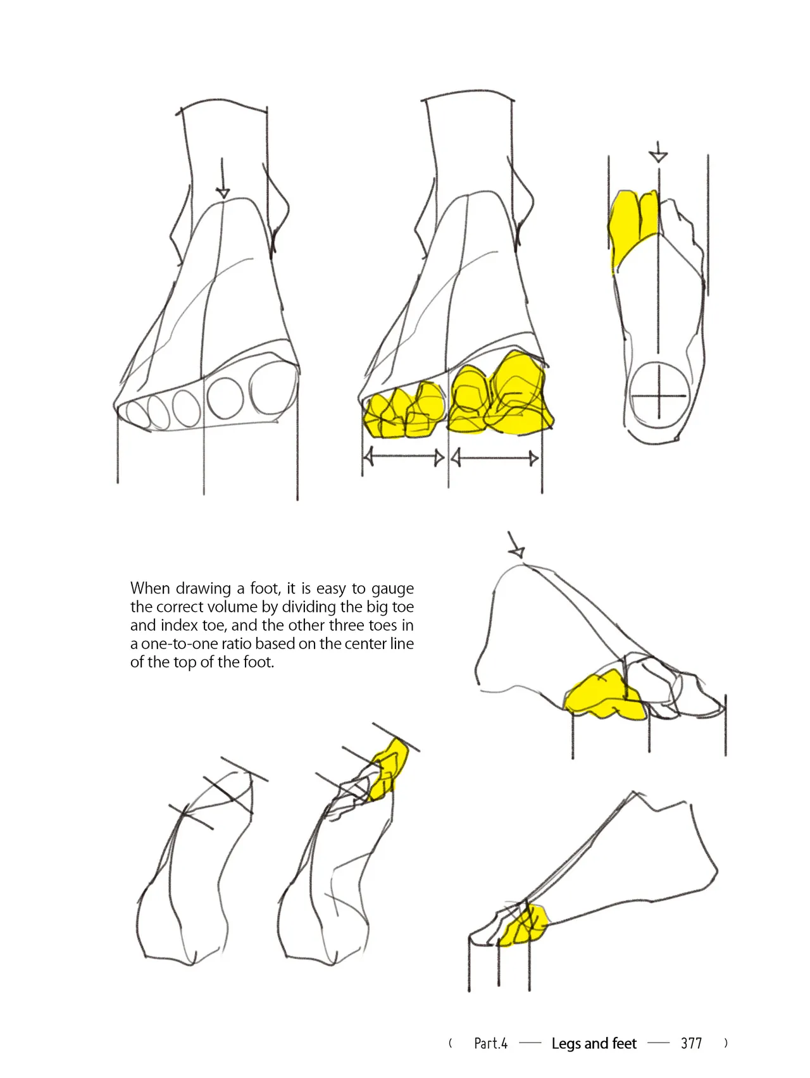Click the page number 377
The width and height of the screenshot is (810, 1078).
coord(691,1043)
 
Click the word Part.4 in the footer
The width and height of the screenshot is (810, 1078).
coord(490,1043)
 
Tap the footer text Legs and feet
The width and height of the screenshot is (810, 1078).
coord(594,1043)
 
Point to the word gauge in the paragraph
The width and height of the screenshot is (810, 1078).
coord(392,589)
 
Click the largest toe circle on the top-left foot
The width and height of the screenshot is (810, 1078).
coord(273,390)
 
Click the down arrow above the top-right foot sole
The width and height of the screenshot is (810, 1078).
coord(658,152)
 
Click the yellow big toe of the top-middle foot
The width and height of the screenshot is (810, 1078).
coord(518,393)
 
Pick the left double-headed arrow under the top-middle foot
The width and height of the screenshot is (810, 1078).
coord(404,457)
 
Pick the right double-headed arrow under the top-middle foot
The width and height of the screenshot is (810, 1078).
coord(495,457)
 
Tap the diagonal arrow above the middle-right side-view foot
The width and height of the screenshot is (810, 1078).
coord(515,545)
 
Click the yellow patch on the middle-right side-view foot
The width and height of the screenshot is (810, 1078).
coord(602,696)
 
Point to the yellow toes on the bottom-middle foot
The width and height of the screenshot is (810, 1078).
coord(389,769)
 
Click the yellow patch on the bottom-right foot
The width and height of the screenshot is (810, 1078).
coord(524,926)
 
